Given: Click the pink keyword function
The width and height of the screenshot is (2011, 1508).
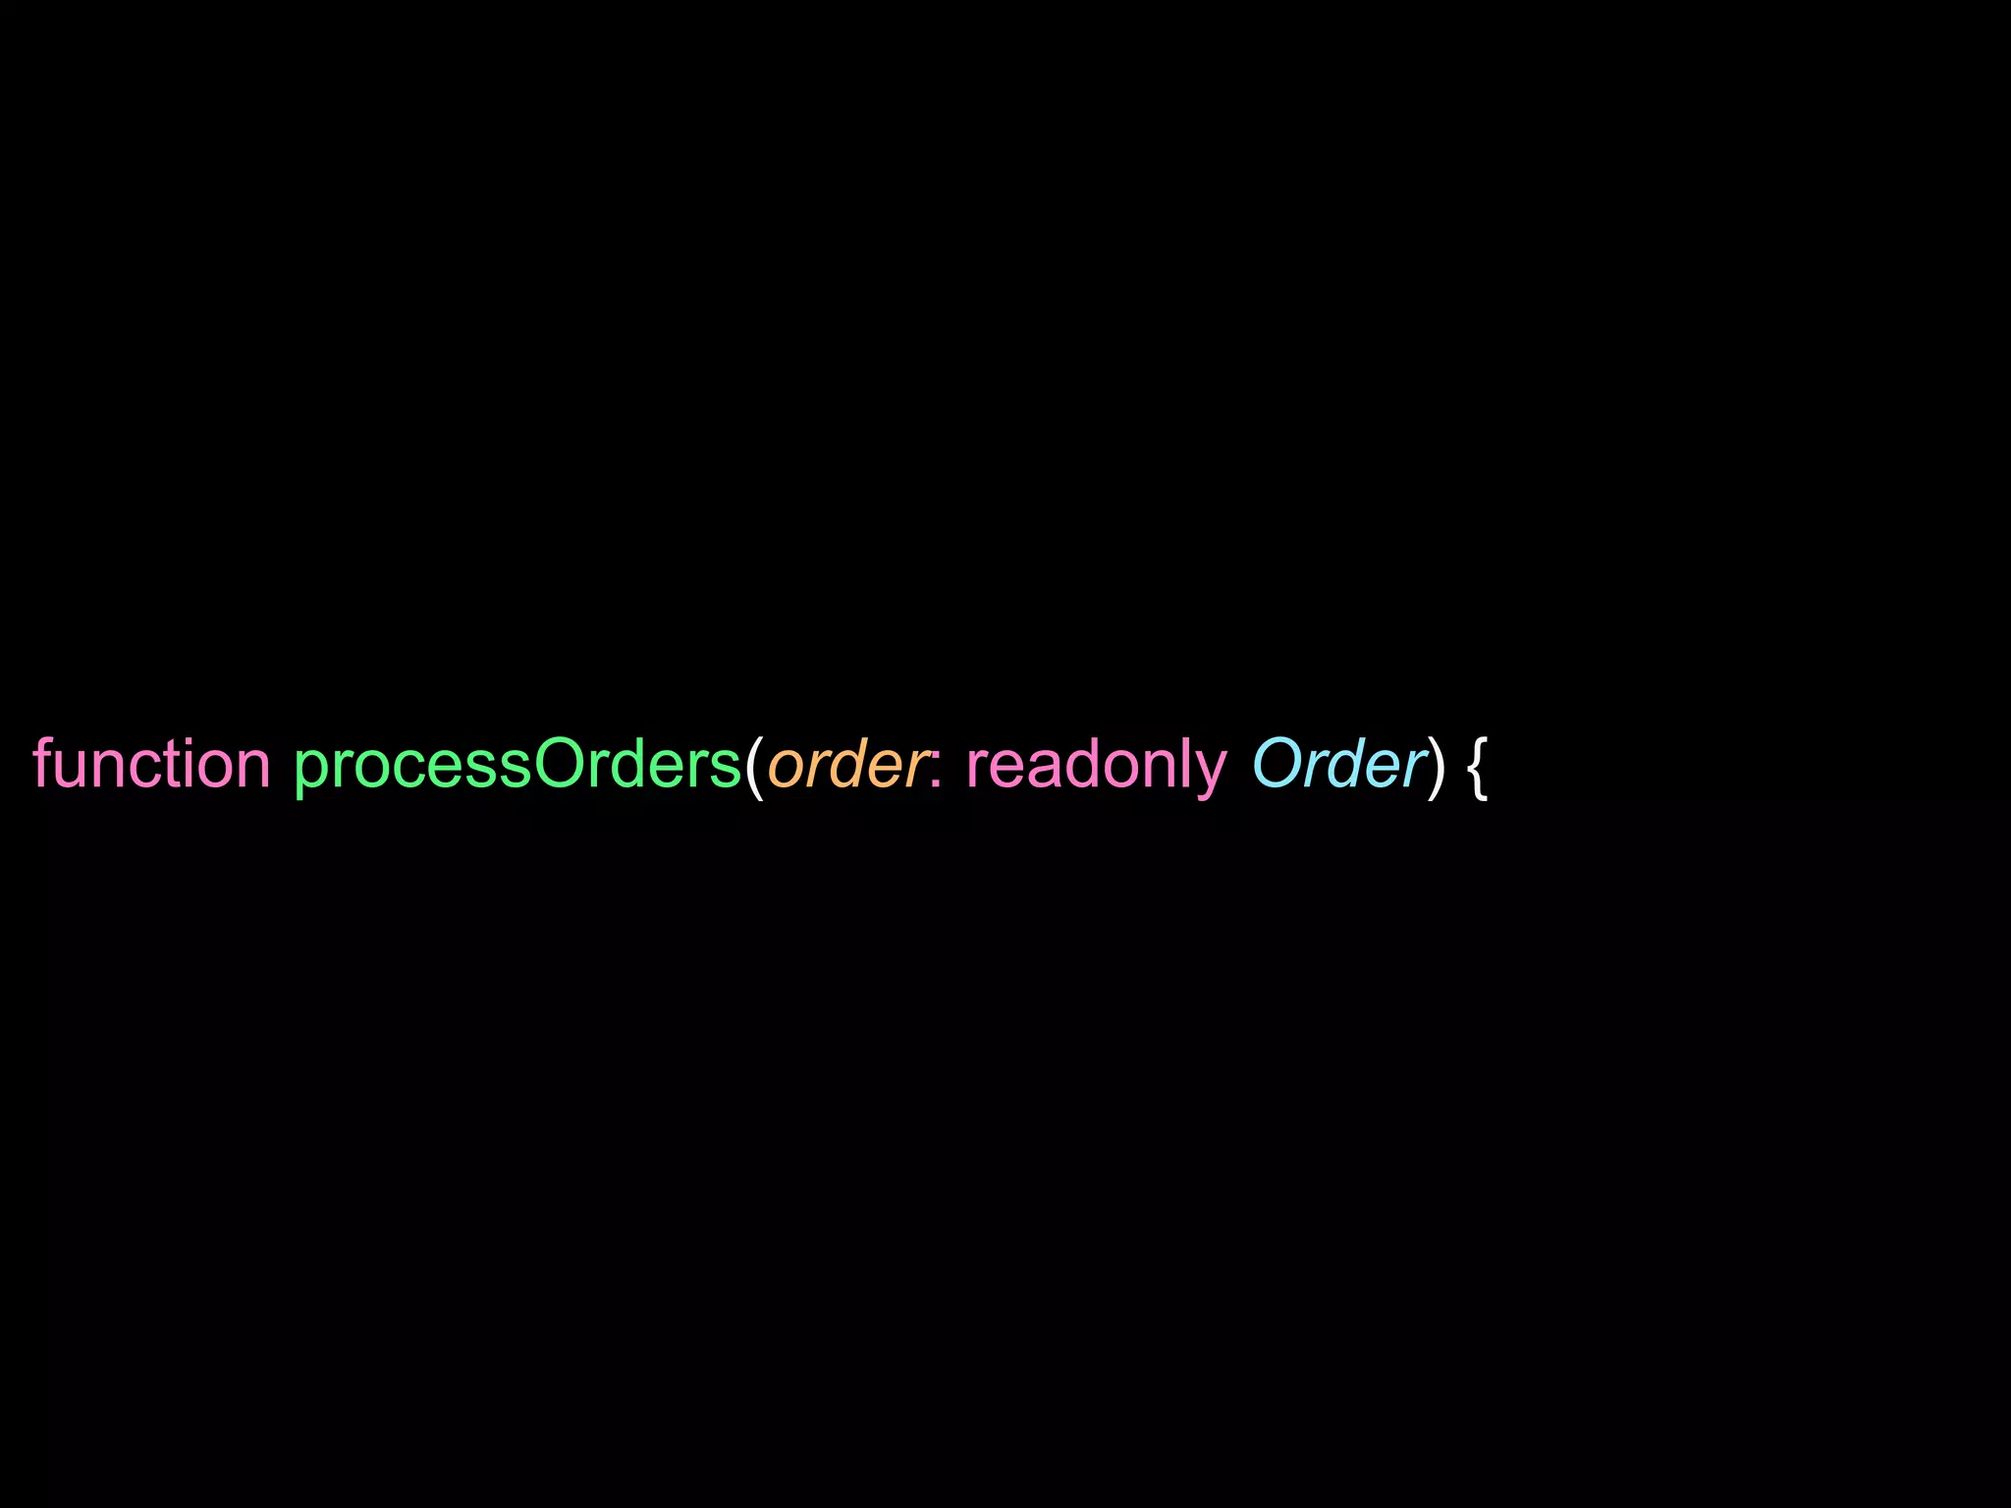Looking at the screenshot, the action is click(151, 764).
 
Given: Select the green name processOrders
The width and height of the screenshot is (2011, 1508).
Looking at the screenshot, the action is click(517, 764).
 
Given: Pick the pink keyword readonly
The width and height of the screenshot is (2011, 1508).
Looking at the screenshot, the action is click(1097, 764).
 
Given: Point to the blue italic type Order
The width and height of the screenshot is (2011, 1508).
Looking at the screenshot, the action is click(1337, 764).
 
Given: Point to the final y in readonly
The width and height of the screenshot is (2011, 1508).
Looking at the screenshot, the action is click(1212, 772).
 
